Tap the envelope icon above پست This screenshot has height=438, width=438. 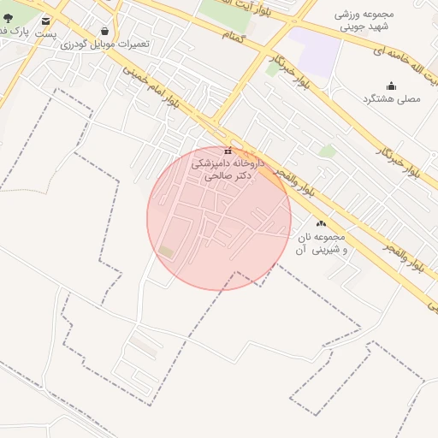click(x=45, y=21)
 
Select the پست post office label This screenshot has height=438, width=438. click(x=45, y=34)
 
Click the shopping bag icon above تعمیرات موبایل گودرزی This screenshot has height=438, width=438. click(x=104, y=32)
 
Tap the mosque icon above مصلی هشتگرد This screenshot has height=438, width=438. click(x=391, y=86)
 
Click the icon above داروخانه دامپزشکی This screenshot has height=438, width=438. click(x=228, y=151)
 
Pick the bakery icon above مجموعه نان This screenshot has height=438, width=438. click(x=321, y=223)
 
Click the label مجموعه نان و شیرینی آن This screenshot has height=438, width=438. click(x=321, y=243)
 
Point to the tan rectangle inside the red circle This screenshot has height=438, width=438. click(x=166, y=252)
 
